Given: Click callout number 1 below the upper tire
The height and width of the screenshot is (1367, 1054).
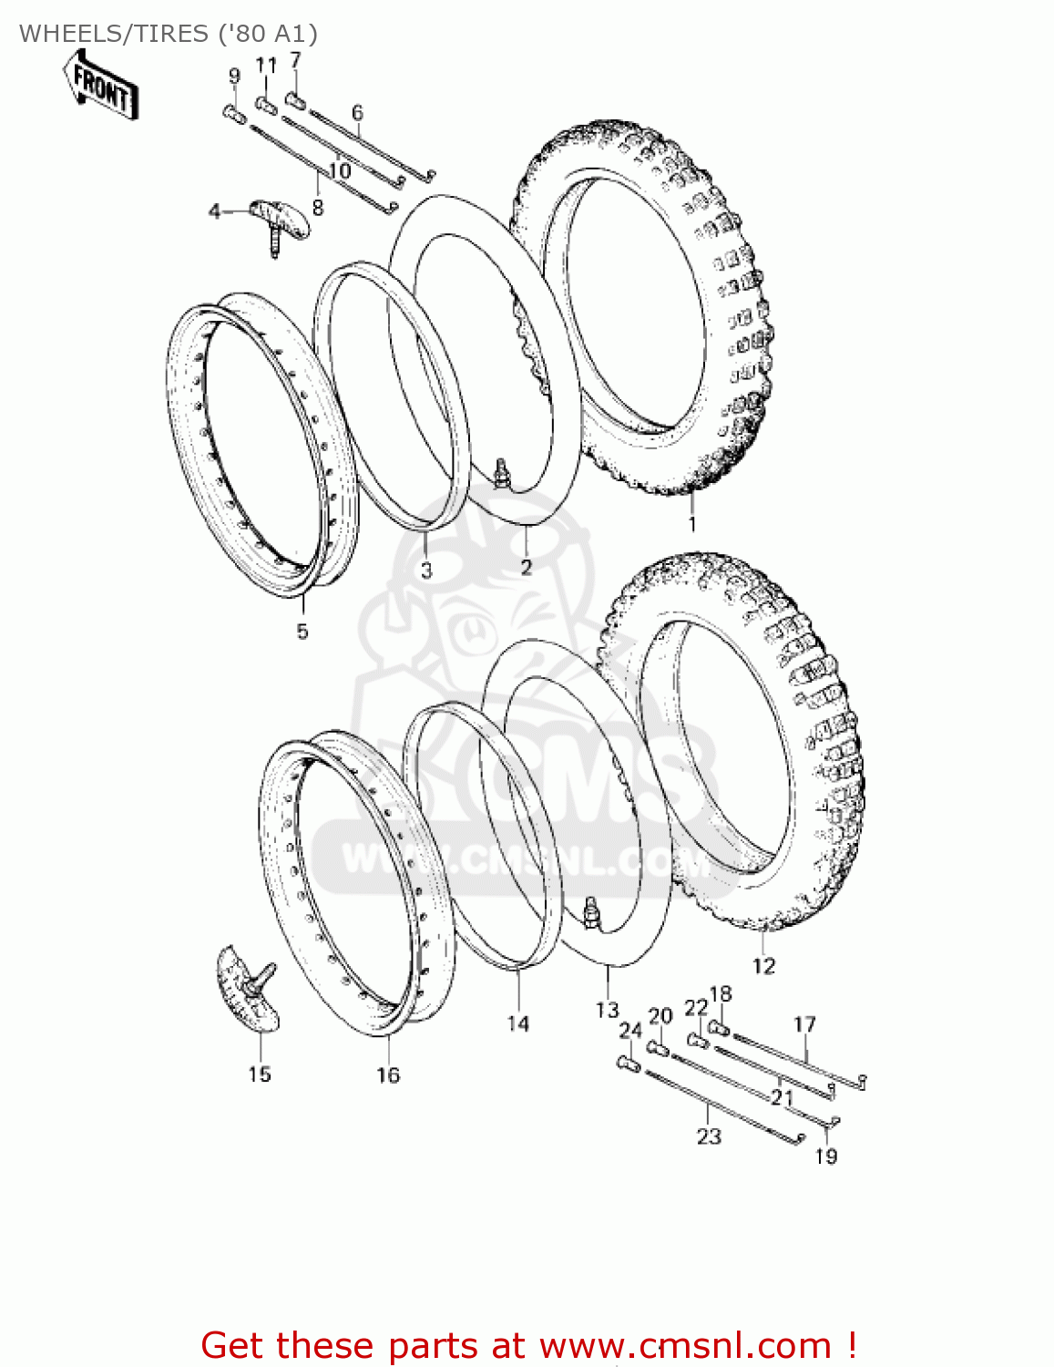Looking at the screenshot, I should (692, 524).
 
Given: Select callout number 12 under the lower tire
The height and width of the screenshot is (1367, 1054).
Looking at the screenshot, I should (763, 966).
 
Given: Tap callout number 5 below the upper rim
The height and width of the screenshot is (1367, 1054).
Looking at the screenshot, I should (302, 631).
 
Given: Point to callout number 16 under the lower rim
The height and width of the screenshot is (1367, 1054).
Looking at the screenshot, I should (388, 1075).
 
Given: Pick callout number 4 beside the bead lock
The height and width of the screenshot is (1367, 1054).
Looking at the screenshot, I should (214, 212).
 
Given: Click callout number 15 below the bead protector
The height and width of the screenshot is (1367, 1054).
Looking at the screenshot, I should (260, 1074).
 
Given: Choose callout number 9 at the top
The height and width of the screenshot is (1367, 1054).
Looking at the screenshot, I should (234, 76).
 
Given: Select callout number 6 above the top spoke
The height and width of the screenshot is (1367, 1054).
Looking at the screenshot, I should (357, 113).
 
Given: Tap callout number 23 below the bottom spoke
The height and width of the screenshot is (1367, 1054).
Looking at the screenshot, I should (709, 1136).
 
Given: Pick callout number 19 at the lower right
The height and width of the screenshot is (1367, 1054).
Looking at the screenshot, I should (825, 1156).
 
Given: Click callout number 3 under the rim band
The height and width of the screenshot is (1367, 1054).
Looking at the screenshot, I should (426, 571).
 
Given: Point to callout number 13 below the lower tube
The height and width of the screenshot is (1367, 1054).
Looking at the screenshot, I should (607, 1010).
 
